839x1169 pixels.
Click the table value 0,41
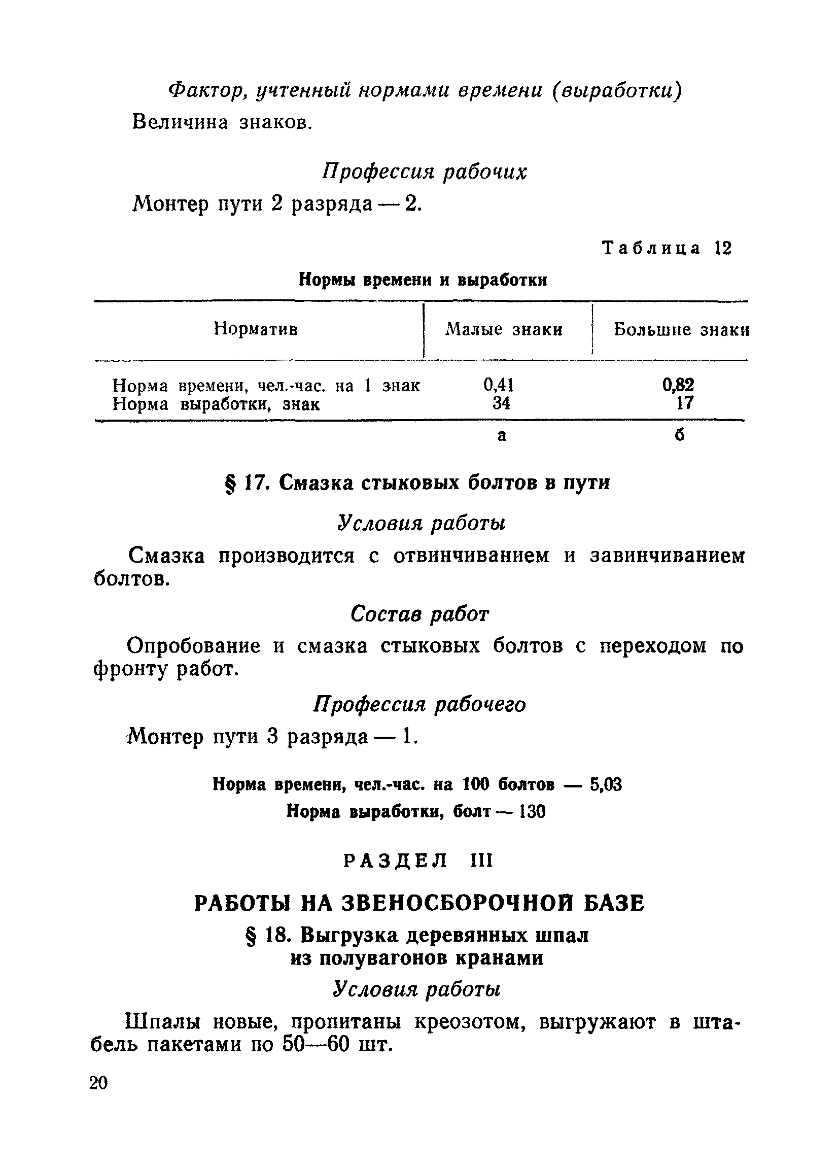pos(498,385)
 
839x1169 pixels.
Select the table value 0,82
pos(678,385)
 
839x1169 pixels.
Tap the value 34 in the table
pos(501,403)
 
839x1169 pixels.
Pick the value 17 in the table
pos(684,403)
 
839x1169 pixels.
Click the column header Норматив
pos(256,328)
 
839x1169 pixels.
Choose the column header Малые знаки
pos(504,329)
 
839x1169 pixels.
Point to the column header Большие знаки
pos(681,329)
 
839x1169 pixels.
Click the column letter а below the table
pos(502,436)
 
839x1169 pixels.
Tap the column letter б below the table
pos(680,436)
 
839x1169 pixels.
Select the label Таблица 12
pos(667,249)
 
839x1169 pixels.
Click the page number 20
pos(98,1082)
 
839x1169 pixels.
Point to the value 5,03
pos(606,784)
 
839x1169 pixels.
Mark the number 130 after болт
pos(532,812)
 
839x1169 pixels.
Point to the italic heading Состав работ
pos(419,614)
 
